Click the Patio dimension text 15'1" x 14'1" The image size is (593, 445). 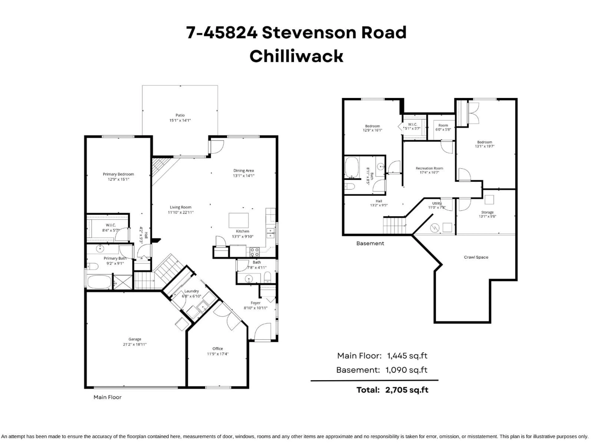tap(180, 120)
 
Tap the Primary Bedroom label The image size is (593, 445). tap(118, 174)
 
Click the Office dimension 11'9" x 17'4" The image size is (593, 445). tap(218, 354)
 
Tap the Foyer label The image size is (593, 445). tap(255, 303)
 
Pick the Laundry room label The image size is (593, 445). tap(191, 291)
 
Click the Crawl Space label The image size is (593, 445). tap(476, 257)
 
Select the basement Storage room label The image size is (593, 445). tap(487, 212)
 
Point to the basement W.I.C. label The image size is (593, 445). tap(412, 124)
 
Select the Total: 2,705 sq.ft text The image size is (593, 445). tap(392, 390)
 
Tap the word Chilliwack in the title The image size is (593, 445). tap(296, 56)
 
